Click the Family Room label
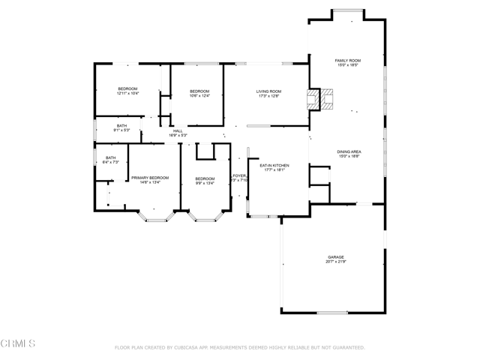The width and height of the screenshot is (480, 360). [x=347, y=59]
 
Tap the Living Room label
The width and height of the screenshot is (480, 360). [x=268, y=91]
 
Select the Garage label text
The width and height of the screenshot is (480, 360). [x=335, y=256]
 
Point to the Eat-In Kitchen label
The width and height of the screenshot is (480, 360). [x=274, y=165]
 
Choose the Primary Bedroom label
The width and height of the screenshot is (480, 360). [x=150, y=178]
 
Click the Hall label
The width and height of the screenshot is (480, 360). [x=178, y=131]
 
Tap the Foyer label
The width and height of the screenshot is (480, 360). [x=239, y=175]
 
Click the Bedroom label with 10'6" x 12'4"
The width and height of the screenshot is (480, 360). [x=199, y=91]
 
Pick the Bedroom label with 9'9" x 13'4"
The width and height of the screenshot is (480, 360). [x=205, y=178]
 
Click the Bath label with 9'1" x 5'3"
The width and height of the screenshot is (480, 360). [x=121, y=126]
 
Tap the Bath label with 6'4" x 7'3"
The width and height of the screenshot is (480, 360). [x=110, y=157]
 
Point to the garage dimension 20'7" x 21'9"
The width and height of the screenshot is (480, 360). [x=335, y=262]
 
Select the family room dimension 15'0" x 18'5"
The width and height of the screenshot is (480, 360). [x=347, y=64]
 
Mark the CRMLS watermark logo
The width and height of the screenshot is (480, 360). [x=18, y=343]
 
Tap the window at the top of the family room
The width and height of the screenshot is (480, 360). [x=347, y=10]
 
